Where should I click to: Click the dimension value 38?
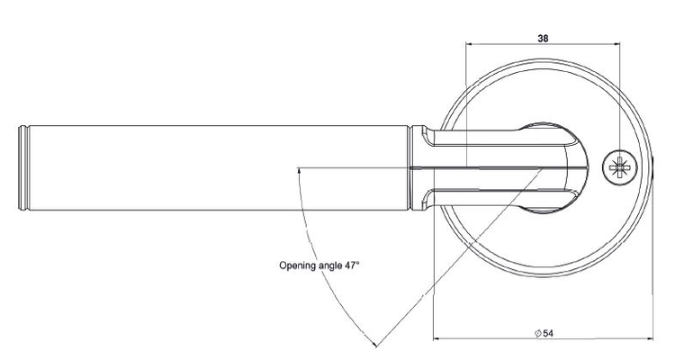coord(543,39)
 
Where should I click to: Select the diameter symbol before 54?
coord(536,334)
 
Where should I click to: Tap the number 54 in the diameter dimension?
coord(548,334)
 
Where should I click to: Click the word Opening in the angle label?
coord(298,265)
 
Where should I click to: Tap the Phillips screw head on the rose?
coord(618,167)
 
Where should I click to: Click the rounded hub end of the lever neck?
coord(576,168)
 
